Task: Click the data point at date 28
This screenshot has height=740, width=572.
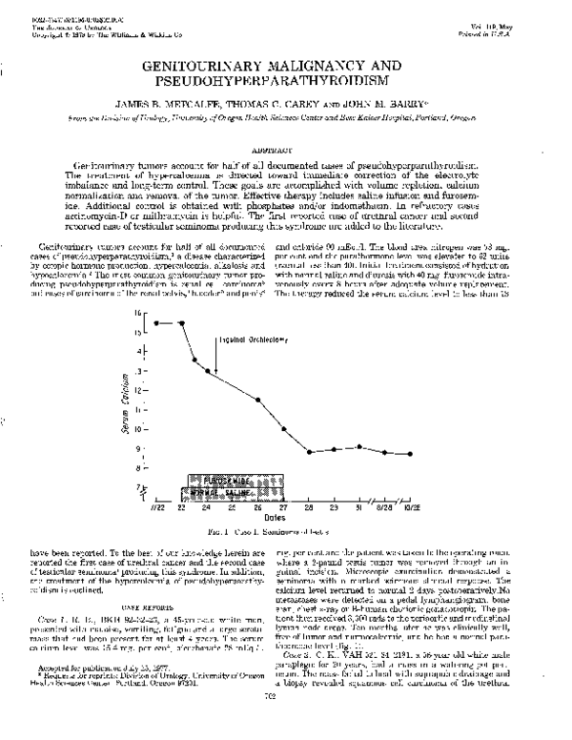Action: (309, 451)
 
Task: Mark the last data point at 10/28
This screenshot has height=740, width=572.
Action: (410, 454)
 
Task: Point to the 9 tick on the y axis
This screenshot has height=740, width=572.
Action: (142, 448)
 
